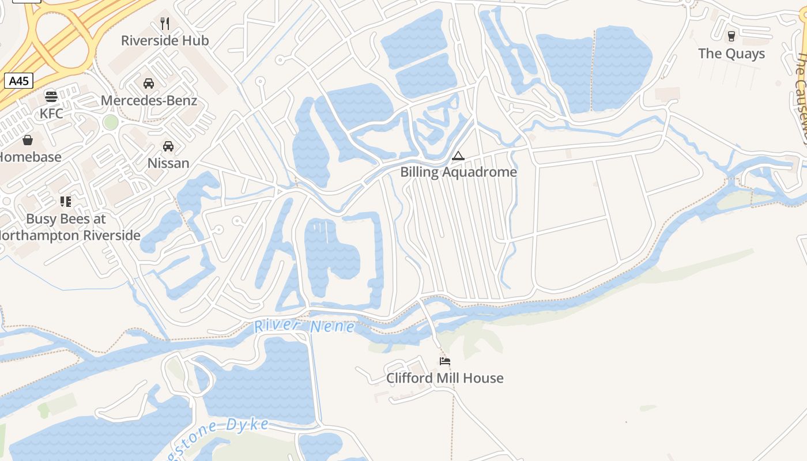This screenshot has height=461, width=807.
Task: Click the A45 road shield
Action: point(19,81)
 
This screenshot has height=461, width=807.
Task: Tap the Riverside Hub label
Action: point(165,41)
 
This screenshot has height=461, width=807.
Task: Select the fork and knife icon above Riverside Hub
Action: point(165,23)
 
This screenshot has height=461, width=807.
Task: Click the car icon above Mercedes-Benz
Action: point(149,84)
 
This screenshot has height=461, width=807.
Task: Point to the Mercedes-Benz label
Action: point(149,101)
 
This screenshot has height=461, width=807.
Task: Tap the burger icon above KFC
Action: point(51,96)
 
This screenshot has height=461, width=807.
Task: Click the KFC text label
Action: point(51,114)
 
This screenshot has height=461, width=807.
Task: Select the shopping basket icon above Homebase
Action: point(27,139)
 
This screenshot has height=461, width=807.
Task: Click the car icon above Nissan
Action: point(168,146)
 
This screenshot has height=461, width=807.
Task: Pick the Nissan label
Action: point(168,163)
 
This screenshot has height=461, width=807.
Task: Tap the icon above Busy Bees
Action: point(66,202)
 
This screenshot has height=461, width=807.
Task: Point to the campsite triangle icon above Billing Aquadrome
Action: point(458,155)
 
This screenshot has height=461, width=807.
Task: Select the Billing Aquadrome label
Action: point(458,172)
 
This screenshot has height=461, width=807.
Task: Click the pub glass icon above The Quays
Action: point(731,36)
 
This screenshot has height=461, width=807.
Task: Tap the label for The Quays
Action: point(731,54)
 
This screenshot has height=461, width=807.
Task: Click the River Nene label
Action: point(304,327)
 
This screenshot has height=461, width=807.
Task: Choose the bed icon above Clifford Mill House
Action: point(445,361)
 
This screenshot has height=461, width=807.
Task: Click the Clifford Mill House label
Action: point(445,379)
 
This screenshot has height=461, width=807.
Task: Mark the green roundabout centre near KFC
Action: point(110,122)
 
